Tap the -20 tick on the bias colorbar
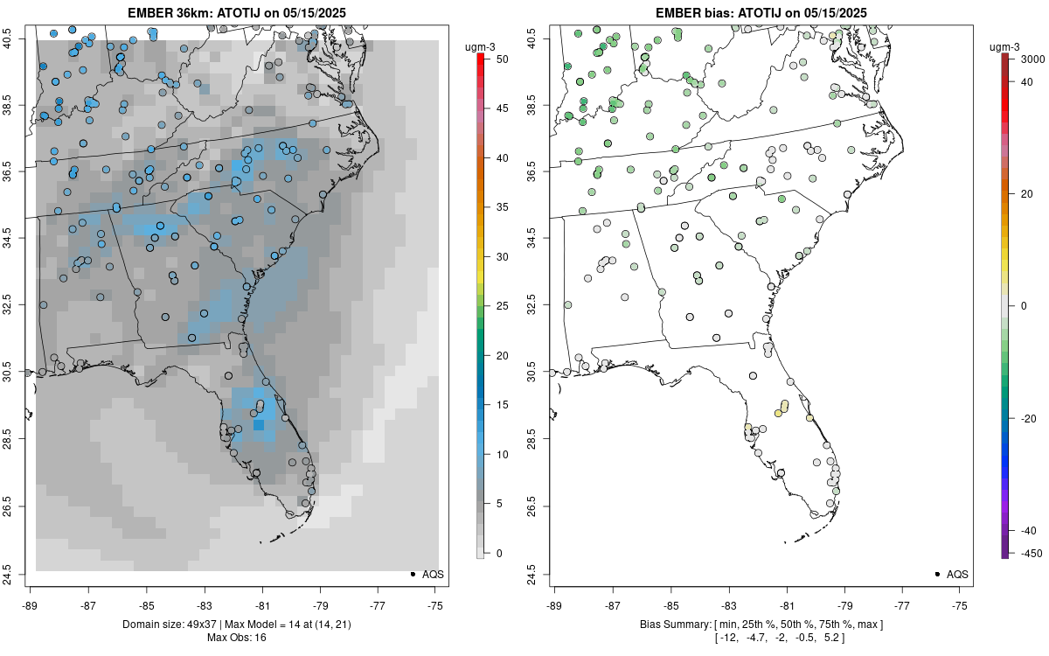1028,418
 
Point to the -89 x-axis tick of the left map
31,604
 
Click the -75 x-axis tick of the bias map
961,604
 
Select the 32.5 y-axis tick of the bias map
536,305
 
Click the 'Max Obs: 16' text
236,638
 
